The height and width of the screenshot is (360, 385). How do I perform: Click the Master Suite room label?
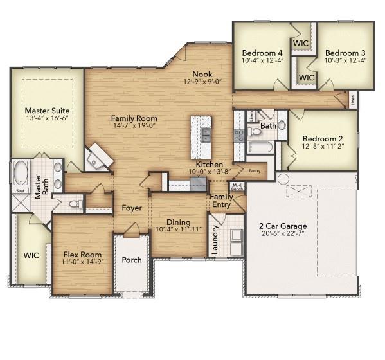[x=46, y=110]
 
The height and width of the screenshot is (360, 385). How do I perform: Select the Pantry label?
[x=255, y=171]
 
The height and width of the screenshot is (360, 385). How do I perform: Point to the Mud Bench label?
[x=237, y=187]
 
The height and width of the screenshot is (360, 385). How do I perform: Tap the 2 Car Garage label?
[x=282, y=226]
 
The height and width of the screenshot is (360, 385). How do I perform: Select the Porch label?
[x=132, y=260]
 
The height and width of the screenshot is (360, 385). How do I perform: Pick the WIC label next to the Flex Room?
[x=31, y=255]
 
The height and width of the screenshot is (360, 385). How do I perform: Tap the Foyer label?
[x=132, y=208]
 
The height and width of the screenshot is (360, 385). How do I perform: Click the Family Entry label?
[x=222, y=201]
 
